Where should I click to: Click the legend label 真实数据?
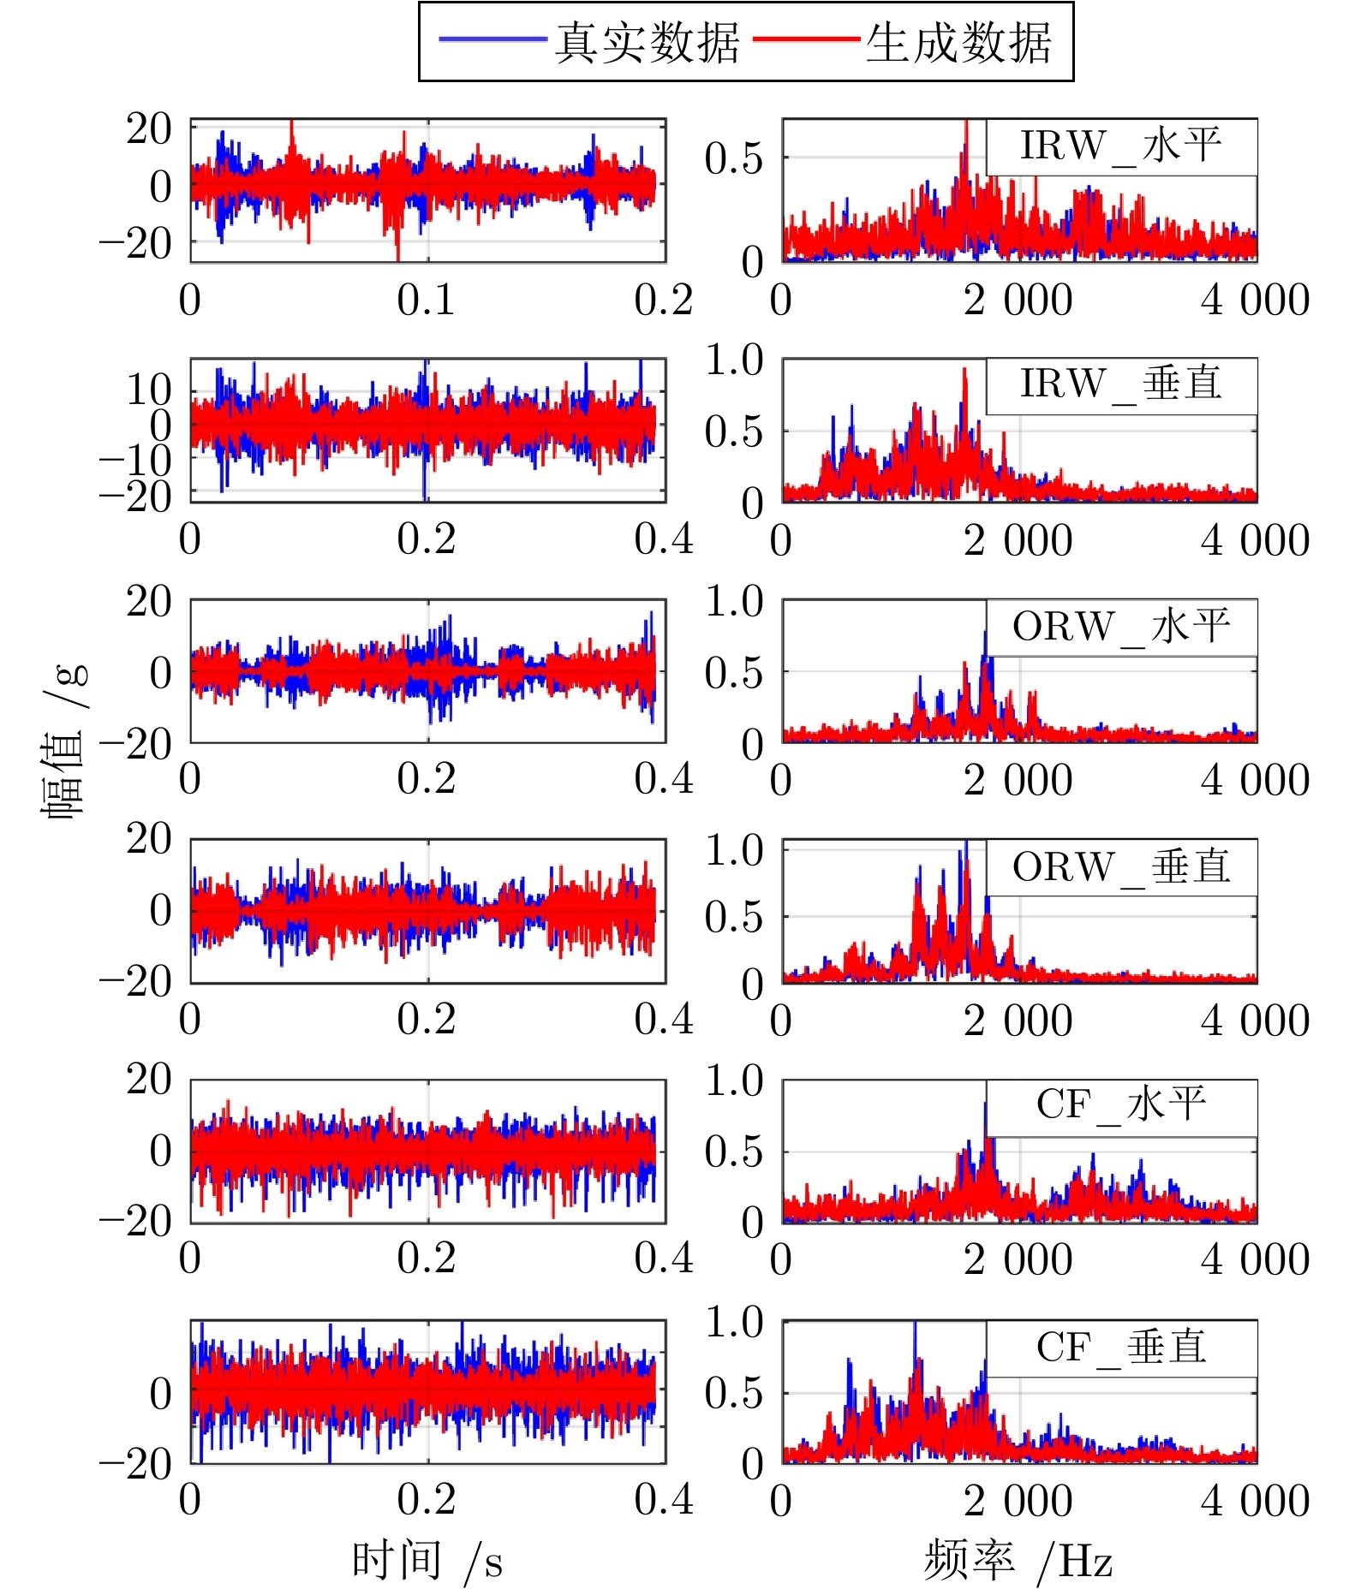(x=647, y=42)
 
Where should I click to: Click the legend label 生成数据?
(x=958, y=42)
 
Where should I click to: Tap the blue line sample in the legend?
(x=492, y=39)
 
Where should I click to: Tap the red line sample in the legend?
(x=806, y=39)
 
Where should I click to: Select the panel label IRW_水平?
(x=1121, y=146)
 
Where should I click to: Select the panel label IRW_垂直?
(x=1121, y=384)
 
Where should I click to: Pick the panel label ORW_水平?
(x=1121, y=628)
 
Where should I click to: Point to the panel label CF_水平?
(x=1121, y=1105)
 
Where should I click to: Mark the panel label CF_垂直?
(x=1121, y=1348)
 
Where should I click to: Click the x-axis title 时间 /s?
(x=427, y=1560)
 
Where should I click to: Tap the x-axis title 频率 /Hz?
(x=1018, y=1560)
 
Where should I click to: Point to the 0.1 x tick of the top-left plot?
(x=426, y=300)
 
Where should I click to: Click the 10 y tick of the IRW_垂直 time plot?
(x=149, y=390)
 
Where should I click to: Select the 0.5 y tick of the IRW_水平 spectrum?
(x=733, y=158)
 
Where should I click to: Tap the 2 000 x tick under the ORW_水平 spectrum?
(x=1018, y=780)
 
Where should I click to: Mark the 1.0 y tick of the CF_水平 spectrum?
(x=733, y=1081)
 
